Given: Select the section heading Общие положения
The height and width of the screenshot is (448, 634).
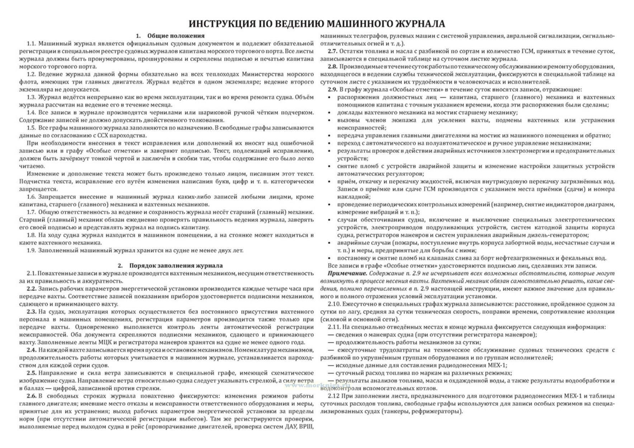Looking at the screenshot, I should point(176,36).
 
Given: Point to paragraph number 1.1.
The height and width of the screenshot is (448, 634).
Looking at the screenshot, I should point(32,44).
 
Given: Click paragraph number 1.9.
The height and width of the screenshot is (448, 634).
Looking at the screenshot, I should point(32,250).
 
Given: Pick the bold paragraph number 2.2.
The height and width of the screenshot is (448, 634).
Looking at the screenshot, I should point(32,289).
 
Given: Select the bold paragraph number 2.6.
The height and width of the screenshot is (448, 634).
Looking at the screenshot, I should point(32,396).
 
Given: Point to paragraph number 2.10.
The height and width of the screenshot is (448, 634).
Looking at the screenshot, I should point(335,304).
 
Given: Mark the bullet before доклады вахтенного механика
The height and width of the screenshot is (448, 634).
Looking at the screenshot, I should point(330,113).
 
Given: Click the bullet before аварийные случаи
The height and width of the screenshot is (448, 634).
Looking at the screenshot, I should point(330,243).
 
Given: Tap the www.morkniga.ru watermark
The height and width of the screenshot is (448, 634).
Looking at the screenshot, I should point(317,385).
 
